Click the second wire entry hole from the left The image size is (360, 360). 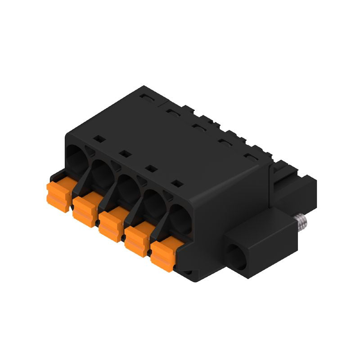coord(103,172)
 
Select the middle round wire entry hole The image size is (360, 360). coord(129,187)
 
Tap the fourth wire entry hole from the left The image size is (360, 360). coord(154,202)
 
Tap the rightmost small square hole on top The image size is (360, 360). coord(178,184)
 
